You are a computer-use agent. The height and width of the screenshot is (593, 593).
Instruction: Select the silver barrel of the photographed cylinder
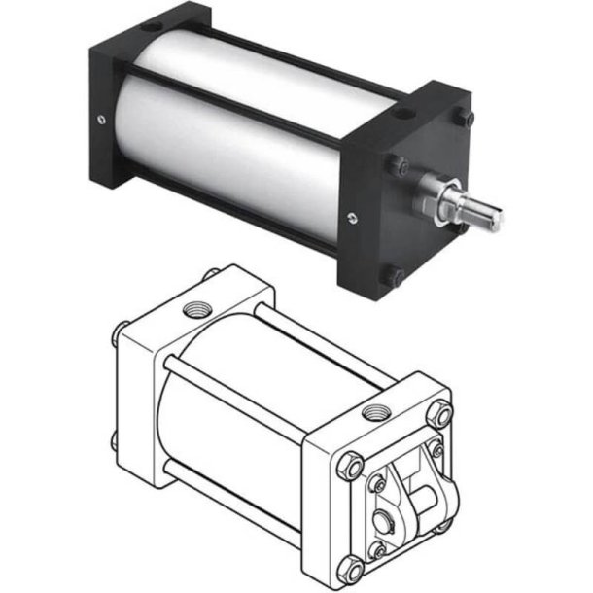click(x=233, y=126)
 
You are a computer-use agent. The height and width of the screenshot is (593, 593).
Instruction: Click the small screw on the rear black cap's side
click(x=101, y=121)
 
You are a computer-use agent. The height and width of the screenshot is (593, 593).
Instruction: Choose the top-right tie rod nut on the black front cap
click(x=468, y=119)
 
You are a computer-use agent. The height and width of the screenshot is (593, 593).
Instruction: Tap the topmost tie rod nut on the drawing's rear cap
click(x=207, y=280)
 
